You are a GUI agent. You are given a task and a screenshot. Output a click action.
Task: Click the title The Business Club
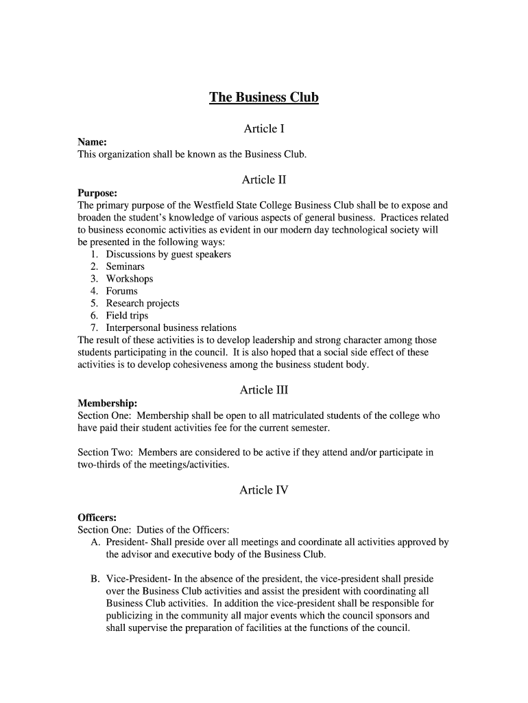pos(264,97)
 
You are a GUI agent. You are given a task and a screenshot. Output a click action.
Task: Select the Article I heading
pos(264,129)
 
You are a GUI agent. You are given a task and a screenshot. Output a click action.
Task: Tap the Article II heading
pos(264,180)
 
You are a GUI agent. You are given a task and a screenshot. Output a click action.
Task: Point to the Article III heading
pos(264,390)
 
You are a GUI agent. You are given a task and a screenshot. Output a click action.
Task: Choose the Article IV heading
pos(264,490)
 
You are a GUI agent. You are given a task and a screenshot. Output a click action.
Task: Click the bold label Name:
pos(92,142)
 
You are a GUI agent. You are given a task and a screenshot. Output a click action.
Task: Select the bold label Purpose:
pos(97,193)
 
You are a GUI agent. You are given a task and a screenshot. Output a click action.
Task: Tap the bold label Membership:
pos(108,403)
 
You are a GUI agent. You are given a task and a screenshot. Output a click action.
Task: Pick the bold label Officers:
pos(97,517)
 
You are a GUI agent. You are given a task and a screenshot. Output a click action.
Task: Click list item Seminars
pos(125,266)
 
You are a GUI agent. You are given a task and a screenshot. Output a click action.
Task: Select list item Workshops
pos(129,279)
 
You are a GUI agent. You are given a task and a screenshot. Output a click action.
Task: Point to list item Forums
pos(121,291)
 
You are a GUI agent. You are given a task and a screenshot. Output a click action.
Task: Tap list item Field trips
pos(127,316)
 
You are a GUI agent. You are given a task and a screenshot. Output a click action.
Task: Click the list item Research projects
pos(142,303)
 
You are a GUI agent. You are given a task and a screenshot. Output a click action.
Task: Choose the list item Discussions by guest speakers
pos(168,254)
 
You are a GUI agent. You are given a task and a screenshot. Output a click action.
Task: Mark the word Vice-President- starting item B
pos(139,579)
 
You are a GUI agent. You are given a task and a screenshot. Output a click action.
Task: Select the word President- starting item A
pos(128,542)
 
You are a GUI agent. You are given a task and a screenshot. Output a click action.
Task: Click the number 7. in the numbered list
pos(94,328)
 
